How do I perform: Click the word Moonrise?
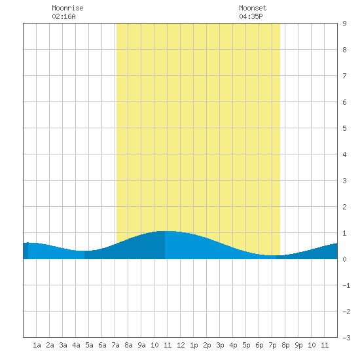coord(67,8)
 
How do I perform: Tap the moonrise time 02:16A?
coord(63,16)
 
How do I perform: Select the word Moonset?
coord(253,8)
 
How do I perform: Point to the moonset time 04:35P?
coord(251,16)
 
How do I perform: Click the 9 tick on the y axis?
coord(344,24)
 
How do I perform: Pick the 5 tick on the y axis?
coord(344,128)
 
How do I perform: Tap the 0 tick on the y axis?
coord(344,259)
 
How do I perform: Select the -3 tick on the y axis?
coord(346,338)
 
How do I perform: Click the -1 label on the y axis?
coord(346,285)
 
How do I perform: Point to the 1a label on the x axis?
coord(37,345)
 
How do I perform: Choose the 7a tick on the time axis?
coord(115,345)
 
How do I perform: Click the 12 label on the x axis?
coord(181,345)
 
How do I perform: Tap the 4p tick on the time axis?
coord(233,345)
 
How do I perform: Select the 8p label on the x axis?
coord(285,345)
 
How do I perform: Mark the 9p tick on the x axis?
coord(298,345)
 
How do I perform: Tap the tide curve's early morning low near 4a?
coord(81,251)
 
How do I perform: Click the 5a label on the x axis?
coord(89,345)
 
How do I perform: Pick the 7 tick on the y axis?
coord(344,76)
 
